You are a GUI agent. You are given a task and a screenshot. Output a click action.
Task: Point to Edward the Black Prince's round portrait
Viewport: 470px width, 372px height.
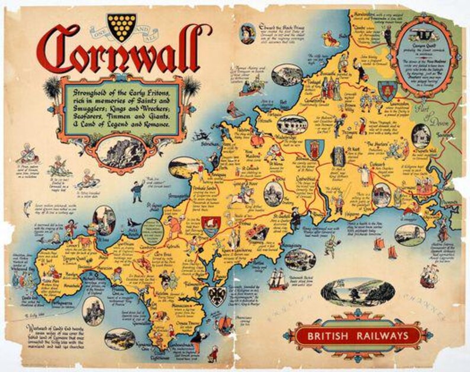click(x=247, y=34)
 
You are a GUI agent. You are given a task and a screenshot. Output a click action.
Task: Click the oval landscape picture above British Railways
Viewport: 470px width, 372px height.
click(x=357, y=290)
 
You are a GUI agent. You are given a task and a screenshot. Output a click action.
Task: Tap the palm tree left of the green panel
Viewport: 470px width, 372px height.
click(x=51, y=89)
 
